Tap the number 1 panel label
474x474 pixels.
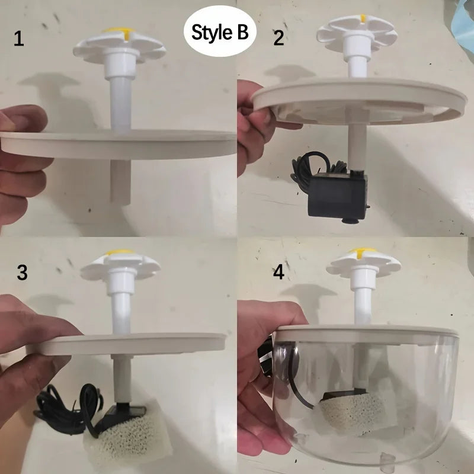point(20,40)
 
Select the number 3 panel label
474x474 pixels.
point(22,273)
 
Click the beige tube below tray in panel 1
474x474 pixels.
point(120,181)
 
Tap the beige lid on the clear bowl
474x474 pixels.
point(367,334)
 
